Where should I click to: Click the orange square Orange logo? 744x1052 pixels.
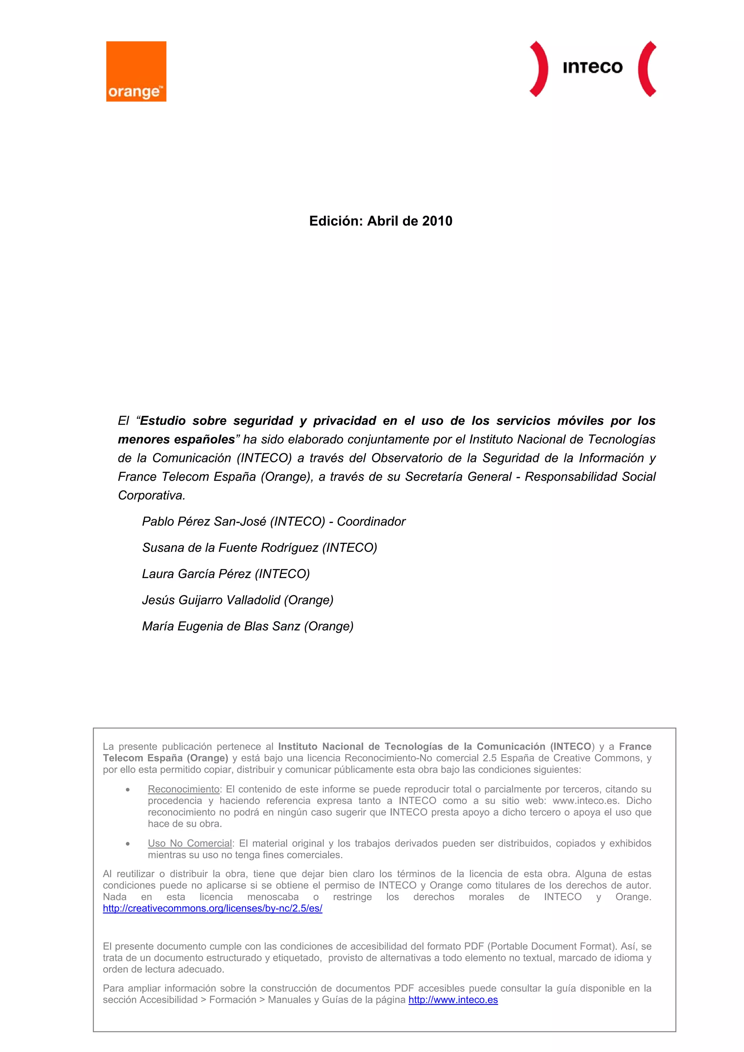(136, 71)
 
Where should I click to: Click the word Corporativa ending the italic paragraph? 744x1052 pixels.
(151, 496)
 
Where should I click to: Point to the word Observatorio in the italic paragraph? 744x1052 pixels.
(409, 458)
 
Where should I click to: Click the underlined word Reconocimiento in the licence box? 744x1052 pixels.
(183, 789)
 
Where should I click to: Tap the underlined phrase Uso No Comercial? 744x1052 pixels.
(190, 844)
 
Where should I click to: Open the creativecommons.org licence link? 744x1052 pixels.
(212, 909)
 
